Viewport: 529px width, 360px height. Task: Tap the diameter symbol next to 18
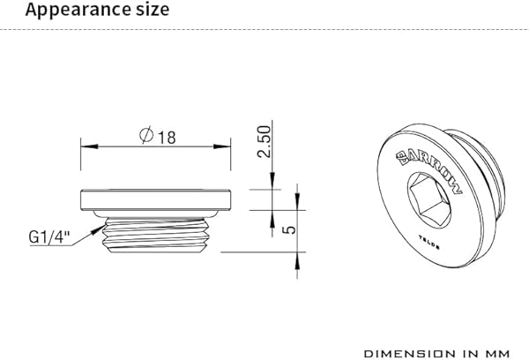point(146,136)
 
